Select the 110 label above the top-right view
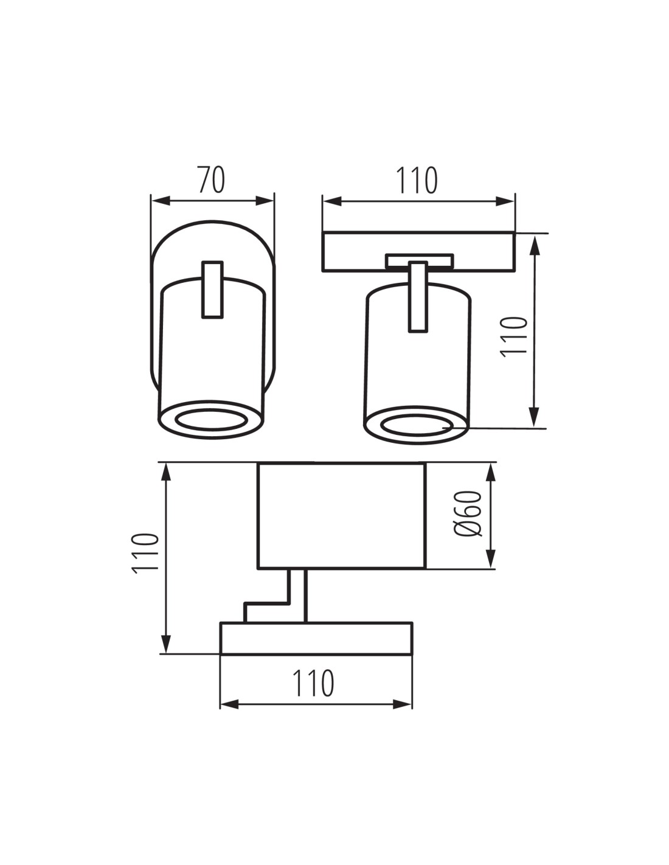417,180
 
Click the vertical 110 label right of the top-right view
513,337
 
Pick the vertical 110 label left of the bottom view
145,553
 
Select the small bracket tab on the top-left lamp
212,290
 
